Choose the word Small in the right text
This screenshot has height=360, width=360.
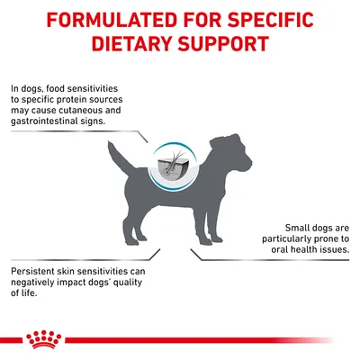click(272, 228)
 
